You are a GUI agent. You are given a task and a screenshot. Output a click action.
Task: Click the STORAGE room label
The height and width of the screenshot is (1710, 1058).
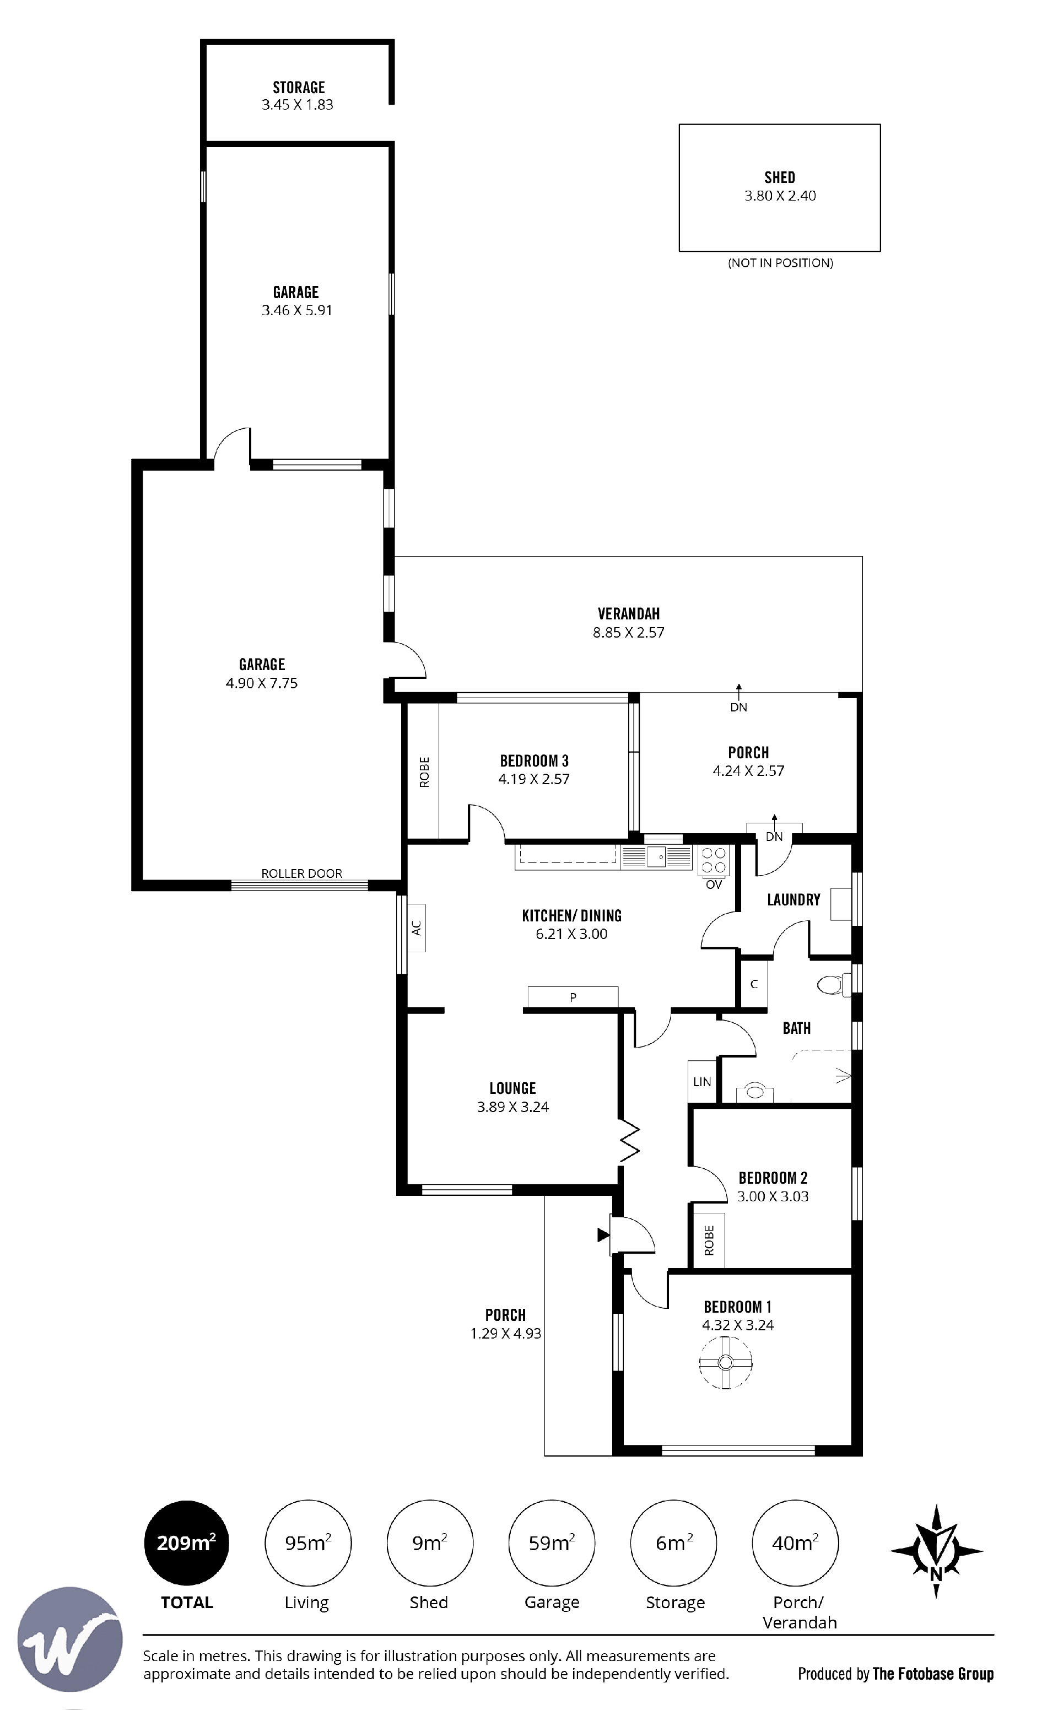click(x=299, y=88)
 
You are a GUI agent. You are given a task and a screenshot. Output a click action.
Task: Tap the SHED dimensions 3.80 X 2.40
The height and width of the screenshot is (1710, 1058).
click(x=780, y=196)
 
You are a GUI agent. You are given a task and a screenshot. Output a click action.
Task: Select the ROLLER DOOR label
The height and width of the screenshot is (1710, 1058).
click(x=301, y=873)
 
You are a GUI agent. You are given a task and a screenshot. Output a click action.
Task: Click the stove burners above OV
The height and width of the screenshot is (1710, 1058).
click(x=714, y=861)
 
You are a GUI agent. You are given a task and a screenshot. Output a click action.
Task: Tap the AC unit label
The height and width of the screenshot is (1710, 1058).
click(x=417, y=928)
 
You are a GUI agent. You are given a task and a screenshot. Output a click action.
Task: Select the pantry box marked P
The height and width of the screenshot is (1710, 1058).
click(x=573, y=997)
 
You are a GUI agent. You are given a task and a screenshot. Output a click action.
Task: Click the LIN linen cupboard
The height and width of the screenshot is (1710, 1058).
click(x=702, y=1082)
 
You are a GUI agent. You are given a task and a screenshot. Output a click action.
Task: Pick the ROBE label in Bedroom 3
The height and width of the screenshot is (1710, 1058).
click(x=424, y=773)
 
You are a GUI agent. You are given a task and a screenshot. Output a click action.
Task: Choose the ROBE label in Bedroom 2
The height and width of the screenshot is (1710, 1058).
click(x=709, y=1240)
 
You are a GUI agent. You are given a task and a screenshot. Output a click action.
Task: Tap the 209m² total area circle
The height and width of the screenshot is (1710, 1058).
click(x=186, y=1543)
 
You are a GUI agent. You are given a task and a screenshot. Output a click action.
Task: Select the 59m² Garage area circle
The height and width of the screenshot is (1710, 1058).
click(x=552, y=1543)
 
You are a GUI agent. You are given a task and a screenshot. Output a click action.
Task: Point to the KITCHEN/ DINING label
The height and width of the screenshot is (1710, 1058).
click(x=571, y=915)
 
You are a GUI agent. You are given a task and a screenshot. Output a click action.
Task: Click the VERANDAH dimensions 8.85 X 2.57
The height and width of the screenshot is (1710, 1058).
click(x=628, y=633)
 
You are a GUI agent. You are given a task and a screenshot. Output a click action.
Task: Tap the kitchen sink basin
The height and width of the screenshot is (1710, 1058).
click(x=656, y=856)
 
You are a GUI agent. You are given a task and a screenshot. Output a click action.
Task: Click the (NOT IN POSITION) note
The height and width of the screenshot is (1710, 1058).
click(x=780, y=263)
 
